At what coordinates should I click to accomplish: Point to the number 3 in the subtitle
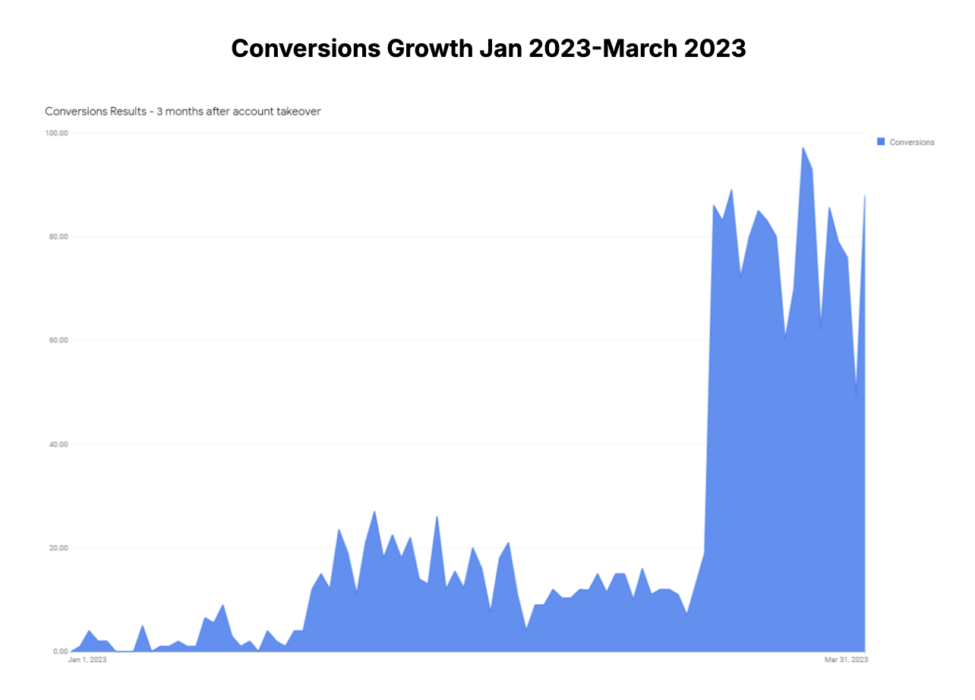[x=159, y=112]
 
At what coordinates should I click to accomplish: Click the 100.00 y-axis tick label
[x=58, y=133]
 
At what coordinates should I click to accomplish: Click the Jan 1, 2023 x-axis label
[x=87, y=661]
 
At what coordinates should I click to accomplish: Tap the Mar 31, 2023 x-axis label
[x=846, y=661]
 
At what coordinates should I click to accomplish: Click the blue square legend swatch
[x=881, y=142]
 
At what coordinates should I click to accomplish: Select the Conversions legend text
[x=912, y=143]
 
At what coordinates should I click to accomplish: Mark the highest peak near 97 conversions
[x=803, y=147]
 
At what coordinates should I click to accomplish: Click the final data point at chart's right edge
[x=865, y=196]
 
